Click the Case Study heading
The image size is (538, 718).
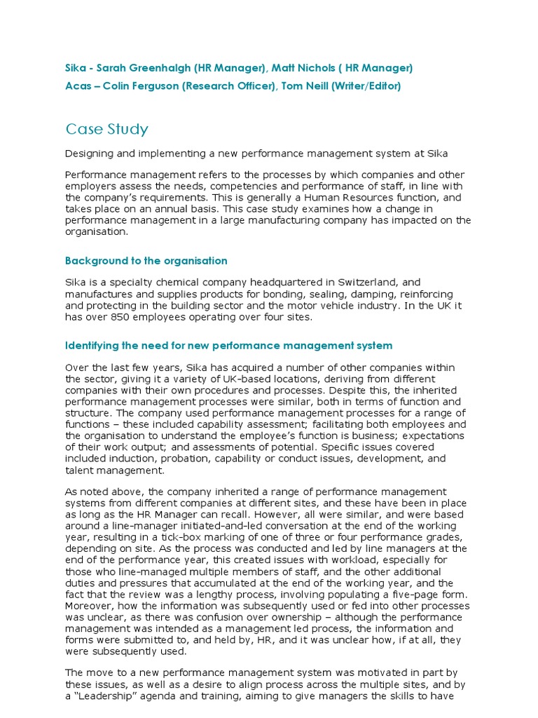[106, 129]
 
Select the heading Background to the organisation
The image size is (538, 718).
[146, 261]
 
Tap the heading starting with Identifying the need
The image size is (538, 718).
[228, 346]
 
